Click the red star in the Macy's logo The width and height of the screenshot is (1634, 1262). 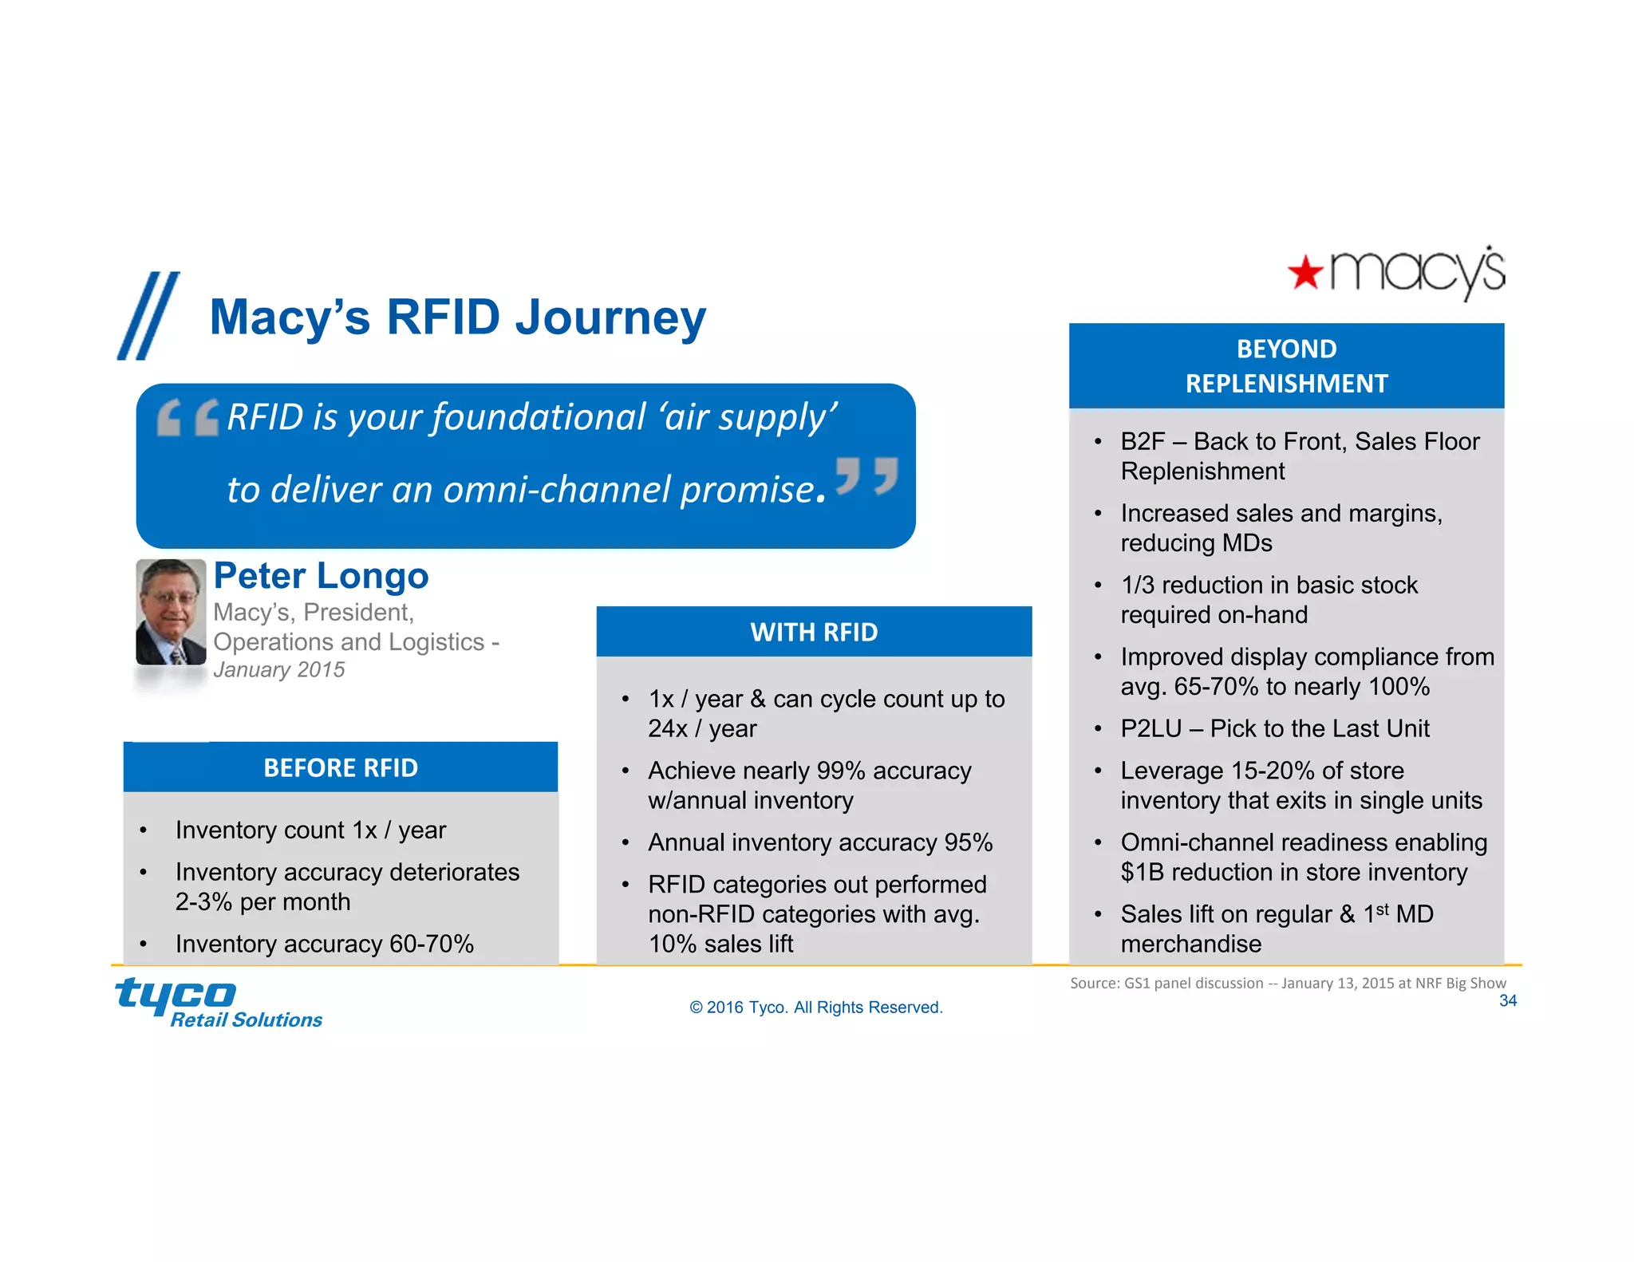coord(1305,274)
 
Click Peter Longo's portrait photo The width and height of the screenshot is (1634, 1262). coord(171,612)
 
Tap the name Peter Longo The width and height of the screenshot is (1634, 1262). coord(321,576)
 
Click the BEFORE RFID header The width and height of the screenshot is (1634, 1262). coord(341,767)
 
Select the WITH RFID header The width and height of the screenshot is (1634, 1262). coord(814,632)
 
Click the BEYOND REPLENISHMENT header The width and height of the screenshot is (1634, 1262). coord(1286,366)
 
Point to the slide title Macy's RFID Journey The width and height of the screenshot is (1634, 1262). coord(457,317)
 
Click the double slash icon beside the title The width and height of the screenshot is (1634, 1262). coord(149,316)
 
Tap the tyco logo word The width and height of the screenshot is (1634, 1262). coord(176,994)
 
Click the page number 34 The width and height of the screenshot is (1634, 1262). coord(1507,1000)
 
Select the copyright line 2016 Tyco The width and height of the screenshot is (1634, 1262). coord(815,1008)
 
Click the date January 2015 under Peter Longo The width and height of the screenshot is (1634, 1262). coord(278,670)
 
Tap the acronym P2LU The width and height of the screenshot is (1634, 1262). coord(1151,728)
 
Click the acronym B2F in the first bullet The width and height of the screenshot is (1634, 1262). coord(1143,441)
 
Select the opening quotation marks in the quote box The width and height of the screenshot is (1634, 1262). coord(188,417)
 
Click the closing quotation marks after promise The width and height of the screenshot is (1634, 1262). coord(866,476)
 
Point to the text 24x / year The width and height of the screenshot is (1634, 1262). coord(702,728)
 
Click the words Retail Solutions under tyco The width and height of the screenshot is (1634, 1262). coord(247,1020)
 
